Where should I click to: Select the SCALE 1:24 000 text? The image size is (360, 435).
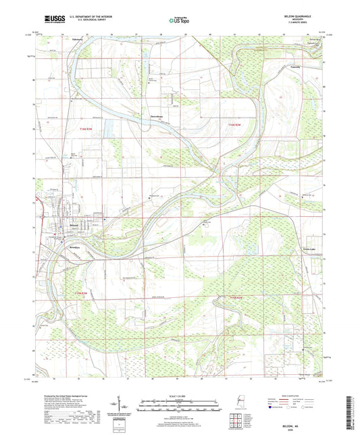click(x=179, y=396)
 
